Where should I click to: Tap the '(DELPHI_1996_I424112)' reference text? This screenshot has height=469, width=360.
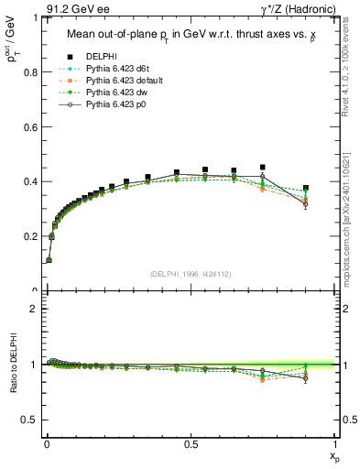(190, 273)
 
